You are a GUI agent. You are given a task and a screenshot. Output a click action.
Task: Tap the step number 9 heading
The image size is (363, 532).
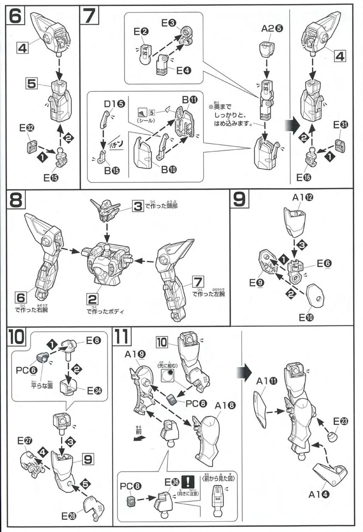(239, 199)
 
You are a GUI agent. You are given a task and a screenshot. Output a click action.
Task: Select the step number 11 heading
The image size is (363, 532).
(121, 337)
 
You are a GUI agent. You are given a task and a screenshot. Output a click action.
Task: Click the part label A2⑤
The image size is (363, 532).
(272, 28)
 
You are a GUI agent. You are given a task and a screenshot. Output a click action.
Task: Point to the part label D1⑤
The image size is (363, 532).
(114, 104)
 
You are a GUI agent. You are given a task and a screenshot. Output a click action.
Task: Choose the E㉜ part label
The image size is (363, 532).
(27, 128)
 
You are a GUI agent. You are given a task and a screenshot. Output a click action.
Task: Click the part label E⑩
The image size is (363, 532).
(306, 317)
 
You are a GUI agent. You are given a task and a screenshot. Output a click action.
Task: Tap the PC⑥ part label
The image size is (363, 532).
(26, 370)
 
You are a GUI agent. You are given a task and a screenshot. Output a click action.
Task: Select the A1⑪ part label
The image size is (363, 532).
(267, 381)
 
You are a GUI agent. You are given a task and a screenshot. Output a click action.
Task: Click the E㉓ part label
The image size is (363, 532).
(341, 421)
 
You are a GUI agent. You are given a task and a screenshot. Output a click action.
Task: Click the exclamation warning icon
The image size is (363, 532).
(188, 482)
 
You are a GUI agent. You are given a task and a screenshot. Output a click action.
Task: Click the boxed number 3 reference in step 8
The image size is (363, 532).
(138, 206)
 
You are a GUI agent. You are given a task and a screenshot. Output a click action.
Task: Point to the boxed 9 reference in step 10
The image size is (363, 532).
(87, 460)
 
